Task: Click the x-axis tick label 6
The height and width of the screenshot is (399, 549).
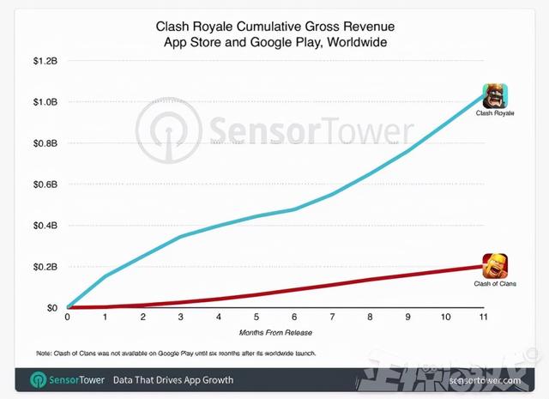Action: (x=294, y=317)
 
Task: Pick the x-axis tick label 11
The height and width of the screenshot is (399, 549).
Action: (x=483, y=317)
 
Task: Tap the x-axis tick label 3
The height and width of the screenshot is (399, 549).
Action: (x=181, y=317)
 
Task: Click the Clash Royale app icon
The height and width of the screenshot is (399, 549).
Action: (x=496, y=94)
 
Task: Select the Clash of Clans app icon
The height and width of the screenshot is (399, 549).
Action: (x=495, y=265)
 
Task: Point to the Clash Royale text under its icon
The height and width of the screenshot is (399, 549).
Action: (x=496, y=112)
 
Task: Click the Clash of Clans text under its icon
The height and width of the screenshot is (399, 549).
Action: (x=494, y=282)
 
